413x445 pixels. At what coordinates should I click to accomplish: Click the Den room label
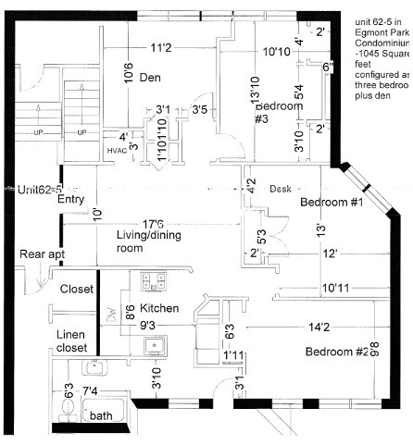[x=151, y=78]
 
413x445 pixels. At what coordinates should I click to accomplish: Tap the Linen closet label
[x=71, y=339]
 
